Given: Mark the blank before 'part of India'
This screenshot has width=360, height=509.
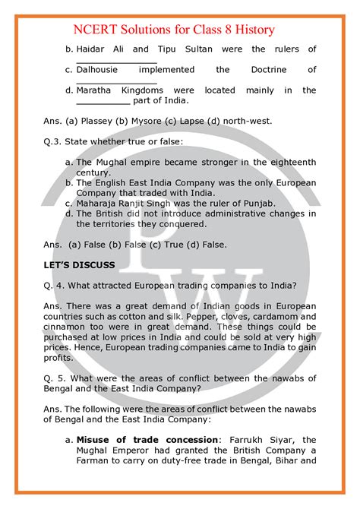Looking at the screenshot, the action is [x=103, y=101].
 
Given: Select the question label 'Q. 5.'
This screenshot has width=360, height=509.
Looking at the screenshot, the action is [x=55, y=377].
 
